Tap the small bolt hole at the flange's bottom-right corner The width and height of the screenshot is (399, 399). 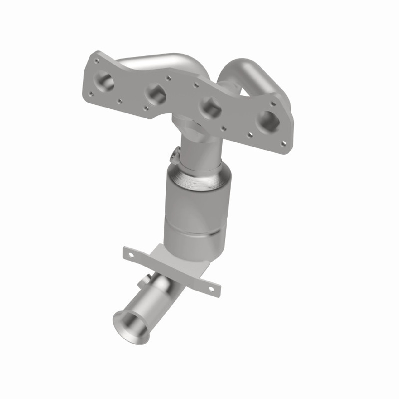tap(283, 143)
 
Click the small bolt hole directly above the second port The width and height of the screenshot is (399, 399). tap(169, 77)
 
